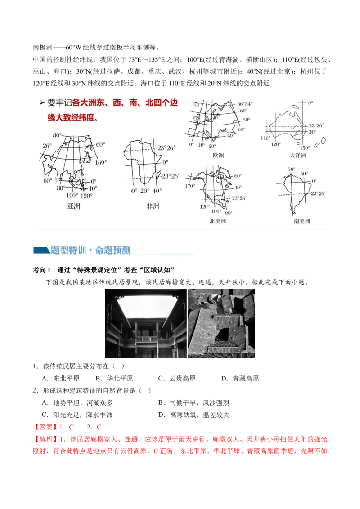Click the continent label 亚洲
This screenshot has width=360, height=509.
point(73,206)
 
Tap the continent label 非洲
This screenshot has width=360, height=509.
point(153,206)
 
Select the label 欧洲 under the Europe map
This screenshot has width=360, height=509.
point(218,155)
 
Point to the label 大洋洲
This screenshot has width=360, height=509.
point(298,155)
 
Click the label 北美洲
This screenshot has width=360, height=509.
point(218,221)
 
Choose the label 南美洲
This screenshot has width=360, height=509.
point(301,221)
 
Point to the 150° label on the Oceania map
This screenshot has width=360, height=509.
point(305,148)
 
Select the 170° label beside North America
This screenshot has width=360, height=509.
point(191,185)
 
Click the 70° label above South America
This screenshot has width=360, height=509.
point(291,170)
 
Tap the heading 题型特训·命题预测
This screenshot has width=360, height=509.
point(90,250)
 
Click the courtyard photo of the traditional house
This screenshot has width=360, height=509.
point(145,323)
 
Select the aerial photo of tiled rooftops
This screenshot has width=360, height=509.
point(221,323)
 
